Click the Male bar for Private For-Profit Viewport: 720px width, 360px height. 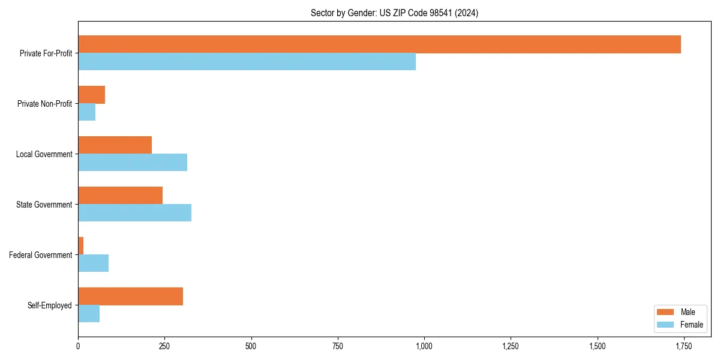tap(379, 44)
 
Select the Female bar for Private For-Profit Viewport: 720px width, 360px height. tap(247, 62)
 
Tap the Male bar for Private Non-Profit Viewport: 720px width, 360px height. tap(91, 95)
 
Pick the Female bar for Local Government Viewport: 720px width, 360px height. tap(133, 163)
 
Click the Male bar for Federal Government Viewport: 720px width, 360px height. tap(81, 246)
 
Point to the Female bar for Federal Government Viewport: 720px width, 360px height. tap(93, 263)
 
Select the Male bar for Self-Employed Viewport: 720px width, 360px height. tap(130, 296)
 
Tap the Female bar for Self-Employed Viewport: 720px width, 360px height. tap(89, 314)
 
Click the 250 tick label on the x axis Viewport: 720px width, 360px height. tap(164, 347)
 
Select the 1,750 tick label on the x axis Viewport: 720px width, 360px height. tap(683, 347)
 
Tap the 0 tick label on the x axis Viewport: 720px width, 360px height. tap(78, 347)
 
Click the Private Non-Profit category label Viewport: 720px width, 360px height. tap(44, 104)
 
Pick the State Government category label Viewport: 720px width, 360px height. tap(44, 205)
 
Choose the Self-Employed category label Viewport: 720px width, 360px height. tap(49, 305)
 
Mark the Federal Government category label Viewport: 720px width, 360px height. tap(41, 255)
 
